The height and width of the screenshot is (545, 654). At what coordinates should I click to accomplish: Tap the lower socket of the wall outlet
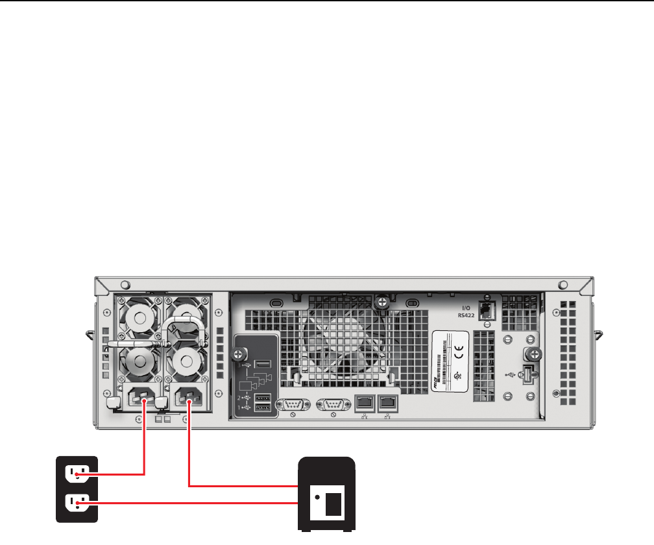pyautogui.click(x=77, y=503)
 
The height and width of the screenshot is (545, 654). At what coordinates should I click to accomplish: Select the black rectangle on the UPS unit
pyautogui.click(x=333, y=503)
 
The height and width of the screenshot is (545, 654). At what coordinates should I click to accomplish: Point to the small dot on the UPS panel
pyautogui.click(x=317, y=498)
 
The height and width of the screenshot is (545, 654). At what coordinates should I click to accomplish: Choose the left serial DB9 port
pyautogui.click(x=293, y=404)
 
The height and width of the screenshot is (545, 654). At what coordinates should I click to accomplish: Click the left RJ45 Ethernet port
pyautogui.click(x=363, y=402)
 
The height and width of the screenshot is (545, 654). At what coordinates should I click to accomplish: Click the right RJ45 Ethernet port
pyautogui.click(x=387, y=402)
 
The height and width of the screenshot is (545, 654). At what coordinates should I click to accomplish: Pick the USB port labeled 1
pyautogui.click(x=263, y=407)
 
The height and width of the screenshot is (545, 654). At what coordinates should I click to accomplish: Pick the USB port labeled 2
pyautogui.click(x=263, y=397)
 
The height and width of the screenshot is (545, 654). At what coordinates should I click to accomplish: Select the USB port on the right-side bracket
pyautogui.click(x=527, y=374)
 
